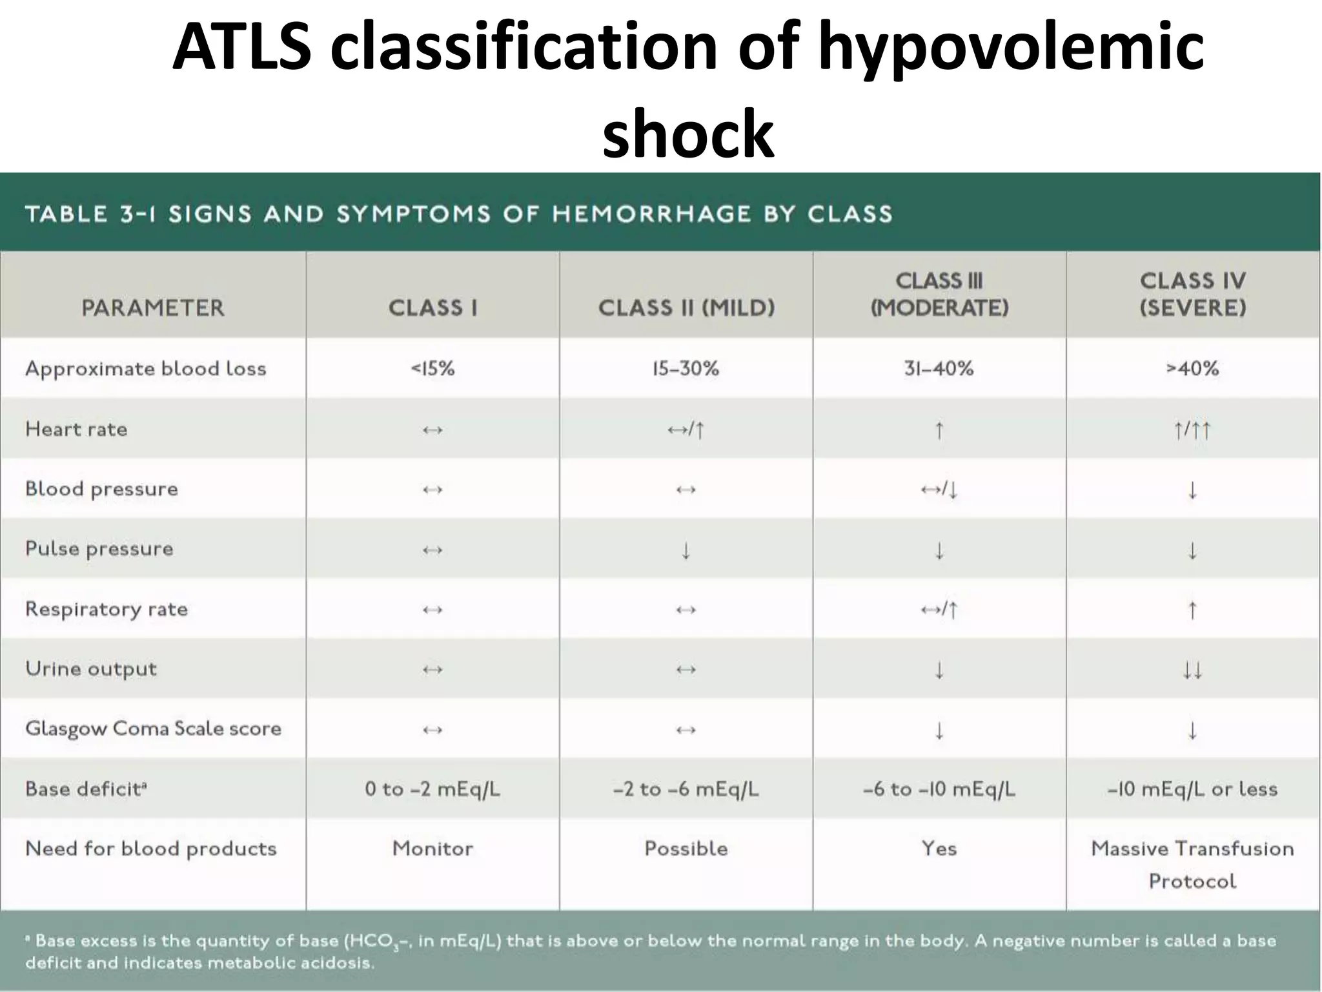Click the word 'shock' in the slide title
(x=688, y=134)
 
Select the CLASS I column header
(x=432, y=307)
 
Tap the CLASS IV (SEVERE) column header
(x=1192, y=294)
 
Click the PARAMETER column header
(x=153, y=307)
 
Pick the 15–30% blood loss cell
(x=686, y=369)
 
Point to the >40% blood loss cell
(x=1192, y=369)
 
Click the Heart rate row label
(x=76, y=429)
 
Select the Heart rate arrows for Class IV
(x=1192, y=429)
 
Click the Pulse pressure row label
(x=99, y=549)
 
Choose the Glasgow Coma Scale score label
(x=153, y=728)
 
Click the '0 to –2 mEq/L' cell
(x=432, y=789)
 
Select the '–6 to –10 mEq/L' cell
(x=939, y=789)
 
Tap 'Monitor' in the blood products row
(x=432, y=849)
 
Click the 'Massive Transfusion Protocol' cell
(x=1192, y=864)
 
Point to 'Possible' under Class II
(x=686, y=849)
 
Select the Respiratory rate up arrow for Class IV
(x=1192, y=610)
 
